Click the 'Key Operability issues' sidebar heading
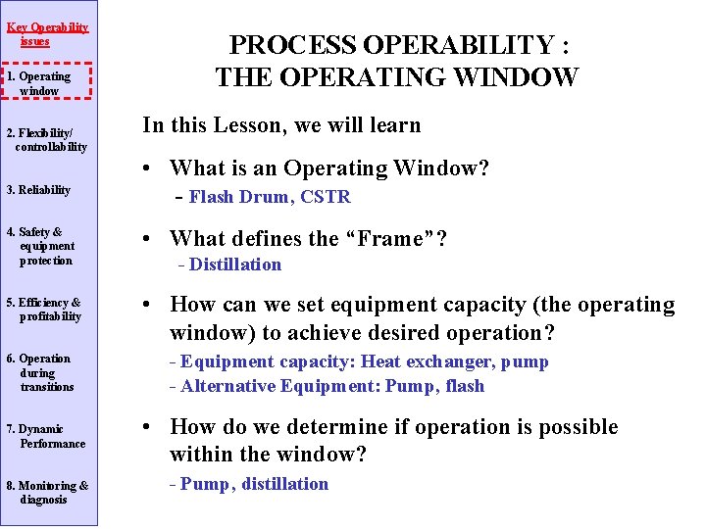tap(48, 34)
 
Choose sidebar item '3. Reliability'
tap(38, 190)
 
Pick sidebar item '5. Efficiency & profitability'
tap(44, 310)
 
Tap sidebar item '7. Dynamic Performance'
tap(46, 436)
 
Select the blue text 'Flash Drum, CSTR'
tap(270, 197)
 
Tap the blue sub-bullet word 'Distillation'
tap(235, 264)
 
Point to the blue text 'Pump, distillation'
tap(255, 484)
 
